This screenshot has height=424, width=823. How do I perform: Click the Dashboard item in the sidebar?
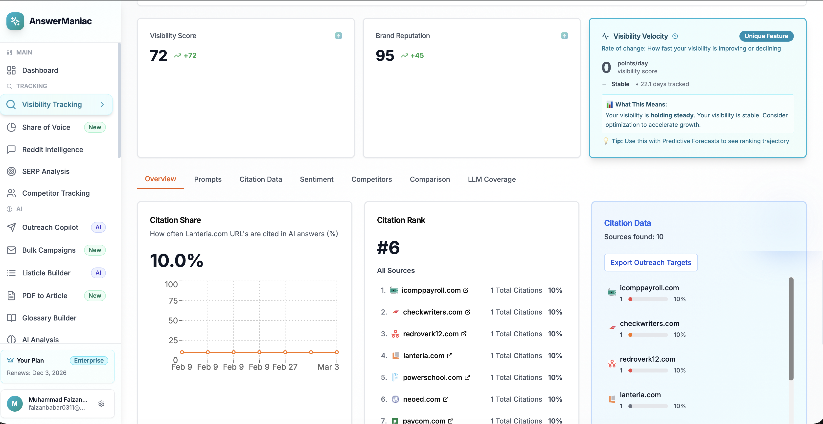(x=40, y=70)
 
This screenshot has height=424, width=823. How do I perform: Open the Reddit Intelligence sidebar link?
(x=52, y=149)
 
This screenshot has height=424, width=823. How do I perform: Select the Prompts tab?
(x=208, y=179)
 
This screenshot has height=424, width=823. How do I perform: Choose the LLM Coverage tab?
(x=491, y=179)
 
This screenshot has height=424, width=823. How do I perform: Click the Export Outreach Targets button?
(x=650, y=263)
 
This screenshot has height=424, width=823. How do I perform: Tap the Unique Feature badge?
(x=766, y=36)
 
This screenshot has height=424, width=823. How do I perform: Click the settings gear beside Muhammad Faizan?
(x=101, y=403)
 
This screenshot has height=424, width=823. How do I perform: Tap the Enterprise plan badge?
(x=89, y=360)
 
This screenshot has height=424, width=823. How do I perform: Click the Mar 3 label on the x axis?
(x=328, y=367)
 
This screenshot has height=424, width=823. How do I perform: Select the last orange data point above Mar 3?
(x=336, y=352)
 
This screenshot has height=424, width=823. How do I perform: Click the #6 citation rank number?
(x=388, y=248)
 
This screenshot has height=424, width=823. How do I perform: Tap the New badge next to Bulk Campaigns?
(x=94, y=250)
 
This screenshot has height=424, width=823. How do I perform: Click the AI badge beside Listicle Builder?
(x=98, y=273)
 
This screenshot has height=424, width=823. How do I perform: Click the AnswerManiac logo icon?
(x=15, y=21)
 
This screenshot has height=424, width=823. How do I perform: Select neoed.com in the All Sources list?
(x=421, y=399)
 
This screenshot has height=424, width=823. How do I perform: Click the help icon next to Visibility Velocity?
(x=675, y=36)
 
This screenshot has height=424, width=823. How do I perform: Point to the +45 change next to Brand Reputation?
(x=417, y=56)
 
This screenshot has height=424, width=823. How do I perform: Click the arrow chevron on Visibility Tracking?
(x=102, y=104)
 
